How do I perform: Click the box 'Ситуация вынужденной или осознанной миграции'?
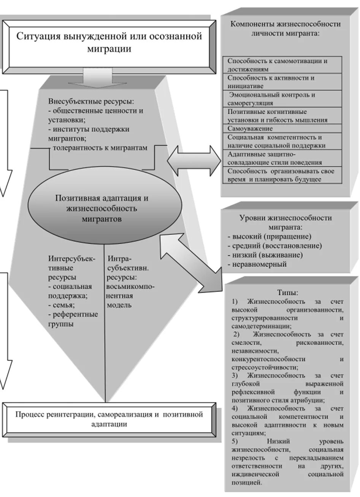pyautogui.click(x=108, y=43)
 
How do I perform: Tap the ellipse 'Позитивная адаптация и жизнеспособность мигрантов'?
pyautogui.click(x=102, y=208)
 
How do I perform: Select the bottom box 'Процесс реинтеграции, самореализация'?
pyautogui.click(x=109, y=419)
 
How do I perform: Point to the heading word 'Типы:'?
pyautogui.click(x=287, y=293)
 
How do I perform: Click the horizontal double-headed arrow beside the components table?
pyautogui.click(x=193, y=159)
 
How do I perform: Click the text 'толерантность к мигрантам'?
pyautogui.click(x=99, y=148)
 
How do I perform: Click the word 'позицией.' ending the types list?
pyautogui.click(x=246, y=483)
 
